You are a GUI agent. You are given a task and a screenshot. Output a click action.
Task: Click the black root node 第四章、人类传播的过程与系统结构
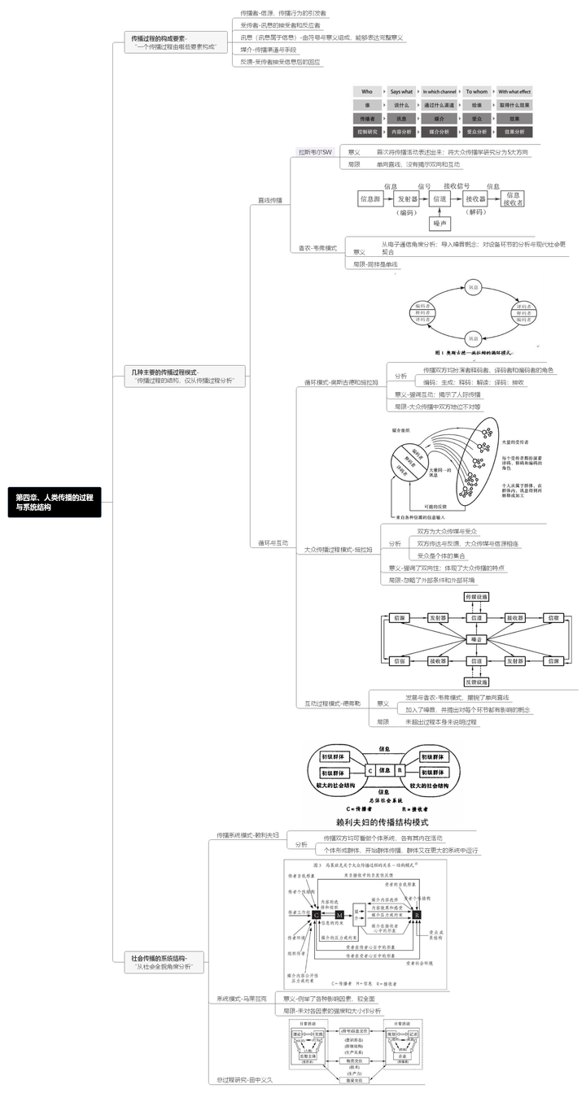click(x=55, y=502)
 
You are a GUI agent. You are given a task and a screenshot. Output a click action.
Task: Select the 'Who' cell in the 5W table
click(x=366, y=92)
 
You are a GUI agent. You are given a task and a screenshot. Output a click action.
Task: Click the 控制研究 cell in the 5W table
click(x=366, y=132)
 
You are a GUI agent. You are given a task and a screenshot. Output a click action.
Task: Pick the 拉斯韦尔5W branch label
click(x=316, y=151)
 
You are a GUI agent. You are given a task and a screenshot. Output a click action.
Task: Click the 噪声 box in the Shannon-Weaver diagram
click(x=440, y=223)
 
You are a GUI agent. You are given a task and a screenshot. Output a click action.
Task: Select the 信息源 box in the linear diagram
click(x=371, y=198)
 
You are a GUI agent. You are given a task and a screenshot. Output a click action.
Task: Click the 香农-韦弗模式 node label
click(x=319, y=247)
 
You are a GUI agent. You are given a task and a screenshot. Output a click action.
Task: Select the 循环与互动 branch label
click(x=273, y=542)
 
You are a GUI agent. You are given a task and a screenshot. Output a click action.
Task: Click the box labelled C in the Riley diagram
click(x=370, y=769)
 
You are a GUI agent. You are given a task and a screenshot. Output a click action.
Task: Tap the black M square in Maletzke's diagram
click(x=339, y=915)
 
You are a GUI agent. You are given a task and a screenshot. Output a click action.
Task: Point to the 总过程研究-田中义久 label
click(x=247, y=1079)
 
